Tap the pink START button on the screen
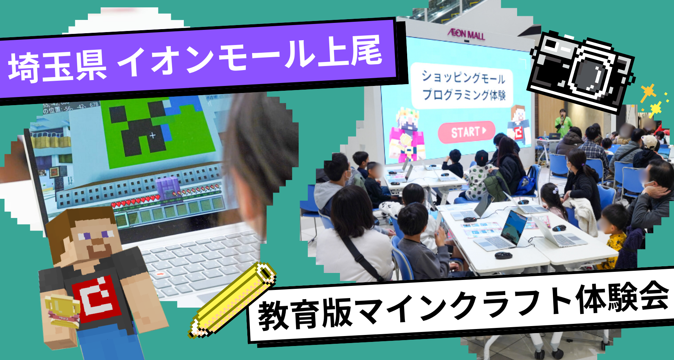pos(467,132)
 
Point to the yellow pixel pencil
pos(233,300)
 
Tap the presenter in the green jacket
pos(563,122)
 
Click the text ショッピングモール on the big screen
pos(463,77)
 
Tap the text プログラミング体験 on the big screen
pos(464,95)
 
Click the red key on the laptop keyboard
pos(160,274)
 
